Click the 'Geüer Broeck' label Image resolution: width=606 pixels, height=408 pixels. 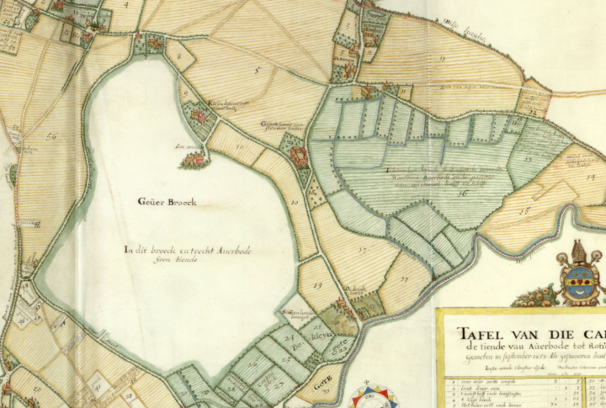coord(167,202)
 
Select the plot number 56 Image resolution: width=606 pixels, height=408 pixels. coord(51,136)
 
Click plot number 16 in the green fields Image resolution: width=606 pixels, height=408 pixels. coord(462,193)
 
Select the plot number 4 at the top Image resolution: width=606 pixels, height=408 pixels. coord(129,5)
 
